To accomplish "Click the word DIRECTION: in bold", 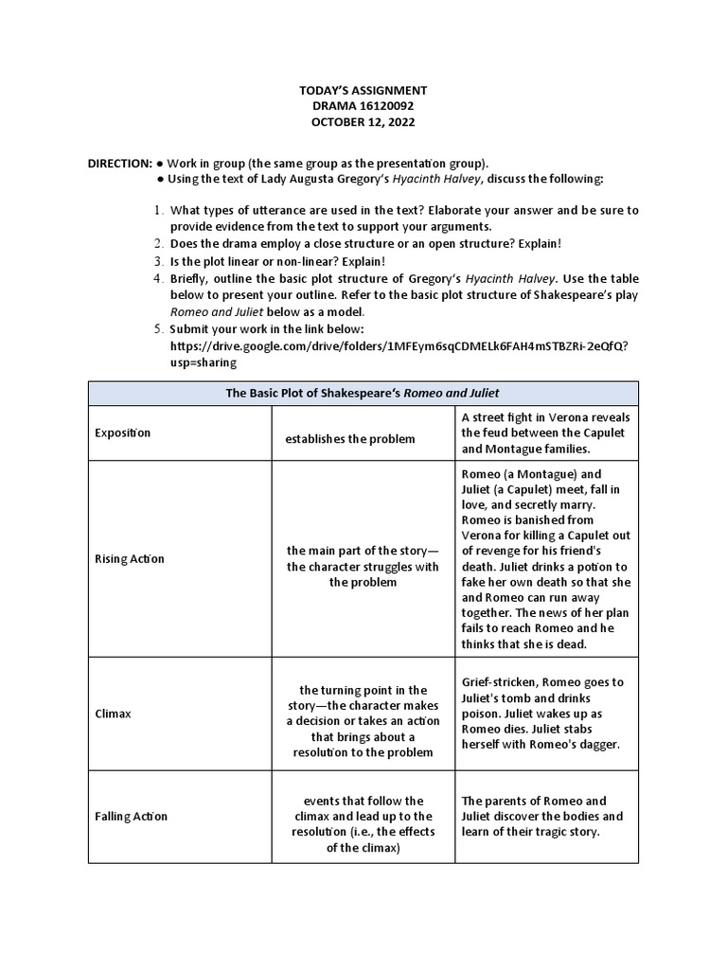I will tap(119, 163).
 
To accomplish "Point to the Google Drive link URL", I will tap(398, 345).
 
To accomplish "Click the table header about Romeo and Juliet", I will tap(363, 393).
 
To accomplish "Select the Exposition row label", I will tap(122, 432).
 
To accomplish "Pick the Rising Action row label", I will tap(130, 558).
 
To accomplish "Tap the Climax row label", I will tap(114, 714).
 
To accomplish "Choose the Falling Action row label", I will tap(131, 816).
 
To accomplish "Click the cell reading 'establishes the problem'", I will tap(350, 439).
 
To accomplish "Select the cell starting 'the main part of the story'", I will tap(363, 566).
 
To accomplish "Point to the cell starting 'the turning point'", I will tap(363, 721).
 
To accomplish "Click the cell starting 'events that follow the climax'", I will tap(363, 823).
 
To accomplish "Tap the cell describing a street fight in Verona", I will tap(544, 432).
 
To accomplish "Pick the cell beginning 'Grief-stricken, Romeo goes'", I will tap(544, 713).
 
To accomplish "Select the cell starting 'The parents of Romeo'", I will tap(544, 816).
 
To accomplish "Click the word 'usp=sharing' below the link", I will tap(204, 361).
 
